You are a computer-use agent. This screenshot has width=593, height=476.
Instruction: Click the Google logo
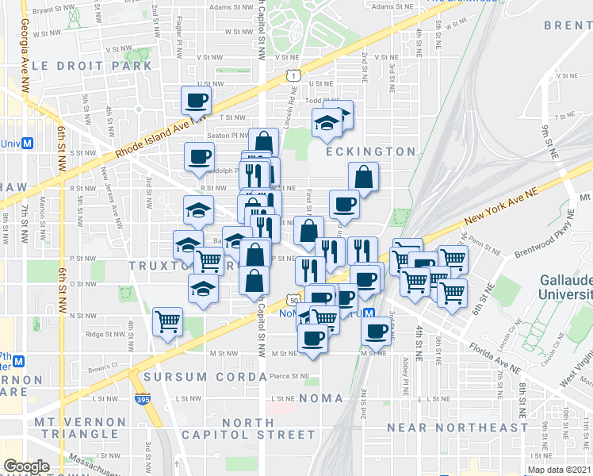click(x=27, y=466)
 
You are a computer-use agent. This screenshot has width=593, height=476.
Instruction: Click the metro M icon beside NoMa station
click(x=379, y=313)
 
